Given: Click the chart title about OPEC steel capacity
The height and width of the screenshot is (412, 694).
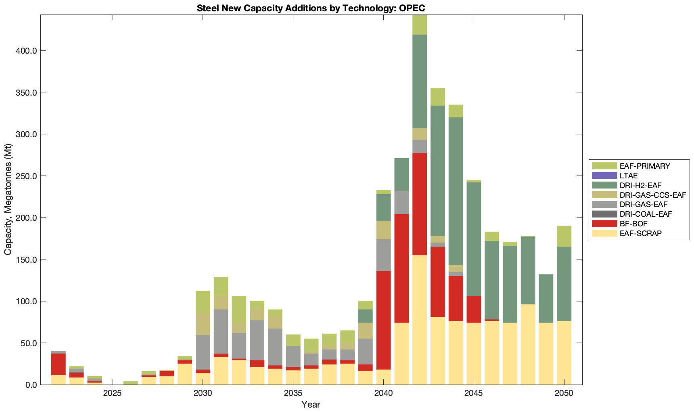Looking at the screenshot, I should [x=311, y=8].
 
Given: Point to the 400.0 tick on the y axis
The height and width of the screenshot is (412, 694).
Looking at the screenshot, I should [x=26, y=51].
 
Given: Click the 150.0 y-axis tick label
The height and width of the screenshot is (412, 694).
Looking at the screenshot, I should [x=26, y=259].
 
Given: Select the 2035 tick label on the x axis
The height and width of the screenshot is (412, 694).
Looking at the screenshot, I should [x=293, y=393].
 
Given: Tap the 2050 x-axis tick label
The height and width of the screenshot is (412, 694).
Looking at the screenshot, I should [x=564, y=393].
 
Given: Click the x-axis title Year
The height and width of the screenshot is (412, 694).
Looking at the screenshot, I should [x=311, y=404].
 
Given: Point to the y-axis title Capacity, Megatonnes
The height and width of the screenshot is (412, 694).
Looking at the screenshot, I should [x=8, y=200].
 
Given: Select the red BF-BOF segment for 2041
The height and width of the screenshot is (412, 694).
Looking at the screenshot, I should [x=401, y=268].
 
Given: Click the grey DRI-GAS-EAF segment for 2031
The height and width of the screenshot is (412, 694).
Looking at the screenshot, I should [x=221, y=331].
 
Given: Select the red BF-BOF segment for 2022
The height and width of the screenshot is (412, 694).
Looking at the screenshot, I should [x=59, y=364].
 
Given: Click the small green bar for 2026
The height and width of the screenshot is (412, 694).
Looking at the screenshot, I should [x=131, y=383].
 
